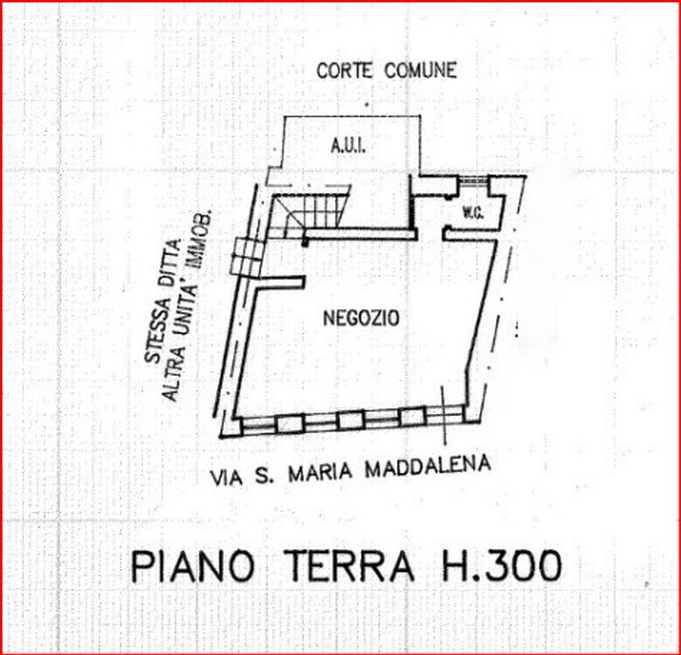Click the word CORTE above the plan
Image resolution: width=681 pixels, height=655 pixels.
pos(345,71)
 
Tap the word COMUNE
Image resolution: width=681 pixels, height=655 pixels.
pos(420,70)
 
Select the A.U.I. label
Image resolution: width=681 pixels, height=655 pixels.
pos(348,146)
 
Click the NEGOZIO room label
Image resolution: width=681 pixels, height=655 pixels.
pos(361,318)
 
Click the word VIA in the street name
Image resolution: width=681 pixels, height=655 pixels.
pos(226,478)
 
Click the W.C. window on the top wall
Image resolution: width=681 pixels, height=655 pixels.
pos(473,180)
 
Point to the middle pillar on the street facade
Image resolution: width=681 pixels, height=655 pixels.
pos(351,419)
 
